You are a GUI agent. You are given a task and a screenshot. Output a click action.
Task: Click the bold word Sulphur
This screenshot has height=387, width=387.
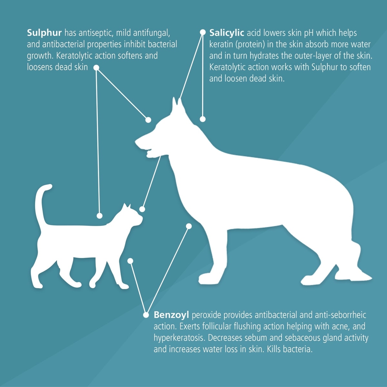(44, 33)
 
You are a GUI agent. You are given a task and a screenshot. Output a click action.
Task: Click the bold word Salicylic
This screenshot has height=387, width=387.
(226, 33)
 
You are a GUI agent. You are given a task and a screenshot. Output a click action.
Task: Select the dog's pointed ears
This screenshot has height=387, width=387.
(177, 104)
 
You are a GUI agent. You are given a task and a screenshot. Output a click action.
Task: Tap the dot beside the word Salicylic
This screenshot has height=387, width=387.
(203, 32)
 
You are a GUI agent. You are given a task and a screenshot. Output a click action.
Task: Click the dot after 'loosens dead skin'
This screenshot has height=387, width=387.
(96, 68)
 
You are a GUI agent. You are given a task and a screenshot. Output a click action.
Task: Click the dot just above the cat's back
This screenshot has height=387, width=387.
(99, 216)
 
